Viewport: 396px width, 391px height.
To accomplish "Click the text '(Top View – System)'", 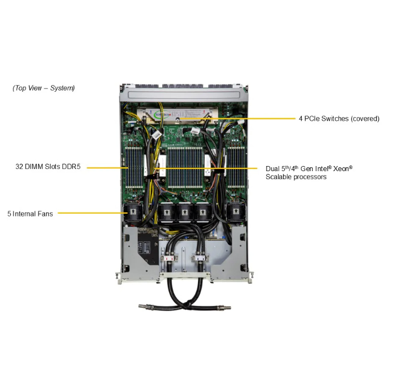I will tap(44, 88).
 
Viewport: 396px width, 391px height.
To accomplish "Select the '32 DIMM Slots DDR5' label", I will tap(49, 167).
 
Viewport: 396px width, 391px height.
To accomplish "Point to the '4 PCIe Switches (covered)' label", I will tap(339, 119).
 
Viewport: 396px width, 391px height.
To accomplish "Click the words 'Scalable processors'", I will tap(296, 177).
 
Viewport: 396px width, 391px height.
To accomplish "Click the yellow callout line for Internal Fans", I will tap(91, 214).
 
